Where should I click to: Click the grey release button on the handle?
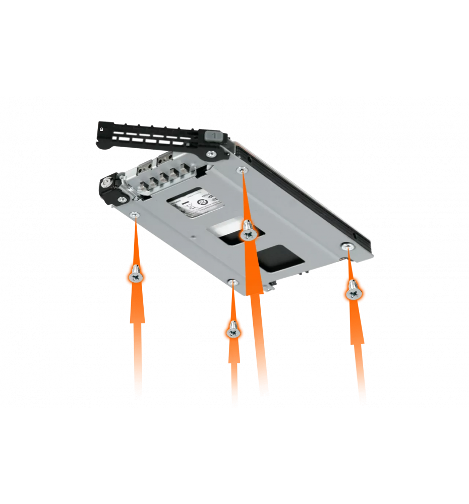click(x=214, y=136)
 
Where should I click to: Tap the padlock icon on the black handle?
click(x=102, y=129)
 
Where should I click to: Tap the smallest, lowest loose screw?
click(x=232, y=330)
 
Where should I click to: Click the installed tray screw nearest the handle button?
click(x=243, y=170)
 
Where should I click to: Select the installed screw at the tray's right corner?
click(x=347, y=245)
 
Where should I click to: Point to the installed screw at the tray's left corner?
click(x=135, y=216)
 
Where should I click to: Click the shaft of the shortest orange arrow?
click(x=233, y=378)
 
